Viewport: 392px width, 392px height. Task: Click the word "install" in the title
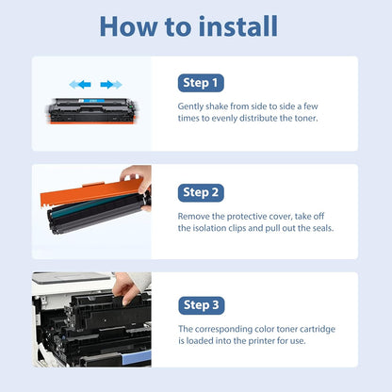click(x=238, y=26)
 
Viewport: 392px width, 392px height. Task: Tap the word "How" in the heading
click(x=129, y=26)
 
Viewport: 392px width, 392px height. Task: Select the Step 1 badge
click(x=201, y=83)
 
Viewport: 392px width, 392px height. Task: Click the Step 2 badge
click(x=201, y=192)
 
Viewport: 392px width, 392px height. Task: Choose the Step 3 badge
click(x=202, y=305)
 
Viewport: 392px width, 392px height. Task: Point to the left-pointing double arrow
click(x=80, y=84)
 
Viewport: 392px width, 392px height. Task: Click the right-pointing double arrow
click(x=111, y=84)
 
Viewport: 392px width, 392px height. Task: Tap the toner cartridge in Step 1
click(x=92, y=111)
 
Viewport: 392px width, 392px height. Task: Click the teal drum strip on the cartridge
click(x=91, y=204)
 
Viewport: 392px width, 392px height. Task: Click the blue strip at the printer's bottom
click(x=137, y=357)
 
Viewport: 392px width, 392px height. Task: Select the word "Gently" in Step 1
click(x=191, y=106)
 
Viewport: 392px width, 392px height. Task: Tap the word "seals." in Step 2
click(x=323, y=228)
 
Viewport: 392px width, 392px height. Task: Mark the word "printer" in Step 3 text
click(x=262, y=341)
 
